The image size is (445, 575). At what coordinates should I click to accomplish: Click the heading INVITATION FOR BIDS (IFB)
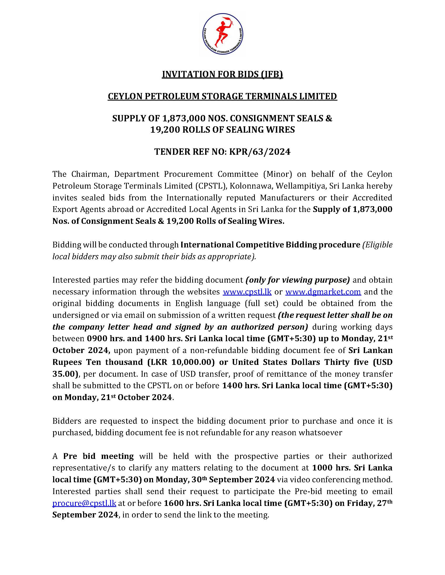(222, 75)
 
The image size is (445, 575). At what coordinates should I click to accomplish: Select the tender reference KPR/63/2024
(260, 152)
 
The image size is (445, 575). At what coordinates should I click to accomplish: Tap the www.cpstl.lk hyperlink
(247, 292)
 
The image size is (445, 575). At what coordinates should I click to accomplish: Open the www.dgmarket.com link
(323, 292)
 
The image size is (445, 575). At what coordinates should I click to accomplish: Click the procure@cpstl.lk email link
(84, 503)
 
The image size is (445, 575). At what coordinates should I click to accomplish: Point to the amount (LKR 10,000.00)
(180, 362)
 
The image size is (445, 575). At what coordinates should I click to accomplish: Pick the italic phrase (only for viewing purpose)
(297, 280)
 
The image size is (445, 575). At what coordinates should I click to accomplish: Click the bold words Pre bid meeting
(98, 456)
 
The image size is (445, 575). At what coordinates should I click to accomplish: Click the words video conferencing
(323, 480)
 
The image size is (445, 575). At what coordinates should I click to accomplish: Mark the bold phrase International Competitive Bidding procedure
(270, 245)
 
